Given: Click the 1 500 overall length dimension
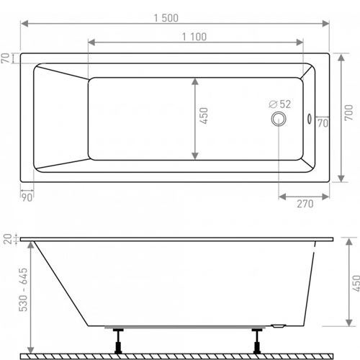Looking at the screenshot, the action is [x=166, y=18].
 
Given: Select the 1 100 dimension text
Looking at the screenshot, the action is [x=194, y=37].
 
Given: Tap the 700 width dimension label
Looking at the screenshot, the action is [x=348, y=112].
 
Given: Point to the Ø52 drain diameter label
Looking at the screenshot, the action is [x=280, y=104].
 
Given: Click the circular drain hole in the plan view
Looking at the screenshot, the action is [x=279, y=119].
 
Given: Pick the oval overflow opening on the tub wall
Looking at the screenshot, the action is [x=310, y=119].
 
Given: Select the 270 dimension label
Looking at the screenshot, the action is [x=305, y=204].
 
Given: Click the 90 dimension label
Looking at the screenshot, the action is [x=27, y=197].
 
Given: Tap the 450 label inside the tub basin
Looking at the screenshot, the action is [x=204, y=116].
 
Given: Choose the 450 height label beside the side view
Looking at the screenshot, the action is [x=356, y=283].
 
